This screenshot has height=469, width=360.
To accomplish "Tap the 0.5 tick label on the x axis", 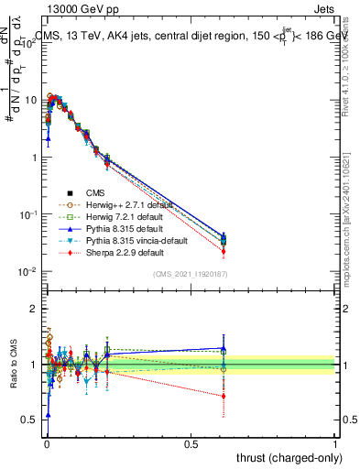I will point(191,444).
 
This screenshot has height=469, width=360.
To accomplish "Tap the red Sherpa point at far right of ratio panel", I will point(223,396).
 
